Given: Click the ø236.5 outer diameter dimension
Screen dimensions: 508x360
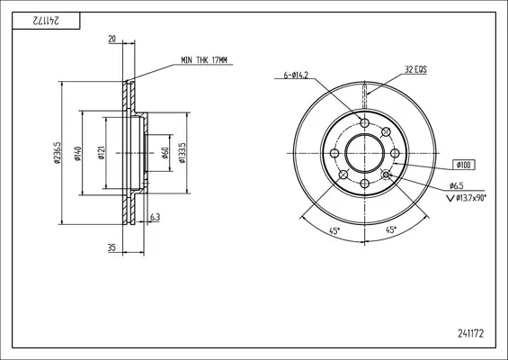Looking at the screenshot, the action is click(57, 153).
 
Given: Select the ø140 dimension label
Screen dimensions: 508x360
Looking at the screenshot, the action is click(77, 154).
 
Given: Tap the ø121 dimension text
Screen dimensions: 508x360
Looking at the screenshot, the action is click(102, 153).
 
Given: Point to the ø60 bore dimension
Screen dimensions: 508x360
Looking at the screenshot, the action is click(165, 153).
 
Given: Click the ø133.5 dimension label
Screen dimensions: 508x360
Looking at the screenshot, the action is click(183, 153).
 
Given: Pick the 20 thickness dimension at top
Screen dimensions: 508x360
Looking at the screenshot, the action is click(111, 40).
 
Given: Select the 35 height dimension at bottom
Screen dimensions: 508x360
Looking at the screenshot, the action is click(111, 248).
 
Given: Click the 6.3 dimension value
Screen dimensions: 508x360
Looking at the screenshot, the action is click(156, 217).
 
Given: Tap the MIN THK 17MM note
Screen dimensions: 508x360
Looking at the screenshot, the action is click(204, 60).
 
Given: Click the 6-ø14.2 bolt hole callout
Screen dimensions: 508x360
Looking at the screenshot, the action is click(296, 76).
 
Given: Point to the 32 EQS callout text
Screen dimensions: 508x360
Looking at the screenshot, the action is click(415, 69).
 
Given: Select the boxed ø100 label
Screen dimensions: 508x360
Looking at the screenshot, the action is click(464, 165).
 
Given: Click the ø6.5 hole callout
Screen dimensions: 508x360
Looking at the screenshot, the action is click(457, 185).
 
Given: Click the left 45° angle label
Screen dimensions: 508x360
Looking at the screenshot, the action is click(334, 231).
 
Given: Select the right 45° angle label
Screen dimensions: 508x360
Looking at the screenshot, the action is click(391, 229).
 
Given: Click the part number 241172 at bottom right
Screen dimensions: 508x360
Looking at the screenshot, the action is click(470, 333).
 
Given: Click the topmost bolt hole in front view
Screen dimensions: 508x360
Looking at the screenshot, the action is click(365, 123).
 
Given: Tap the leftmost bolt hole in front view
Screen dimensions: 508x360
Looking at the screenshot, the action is click(334, 153).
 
